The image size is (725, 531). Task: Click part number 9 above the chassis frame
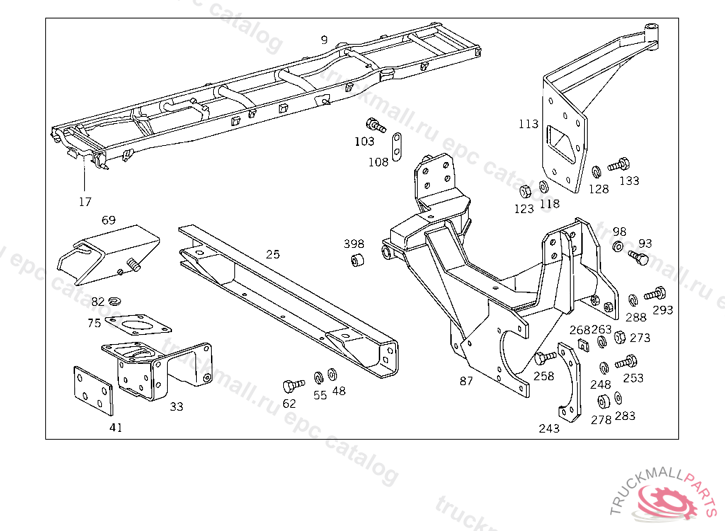[324, 40]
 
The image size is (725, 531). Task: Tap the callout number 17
[85, 202]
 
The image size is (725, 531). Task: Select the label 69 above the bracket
[108, 220]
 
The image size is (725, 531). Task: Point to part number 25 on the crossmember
[273, 254]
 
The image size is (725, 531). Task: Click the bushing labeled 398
[357, 261]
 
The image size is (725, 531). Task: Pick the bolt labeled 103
[375, 125]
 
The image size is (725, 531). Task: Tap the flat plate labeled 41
[93, 390]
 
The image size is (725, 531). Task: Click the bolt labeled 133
[619, 164]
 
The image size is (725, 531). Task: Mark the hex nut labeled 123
[525, 190]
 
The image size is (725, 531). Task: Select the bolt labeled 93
[639, 258]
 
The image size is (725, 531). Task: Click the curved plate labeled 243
[568, 382]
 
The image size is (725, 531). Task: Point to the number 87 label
[466, 381]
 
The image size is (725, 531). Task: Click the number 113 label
[528, 124]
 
